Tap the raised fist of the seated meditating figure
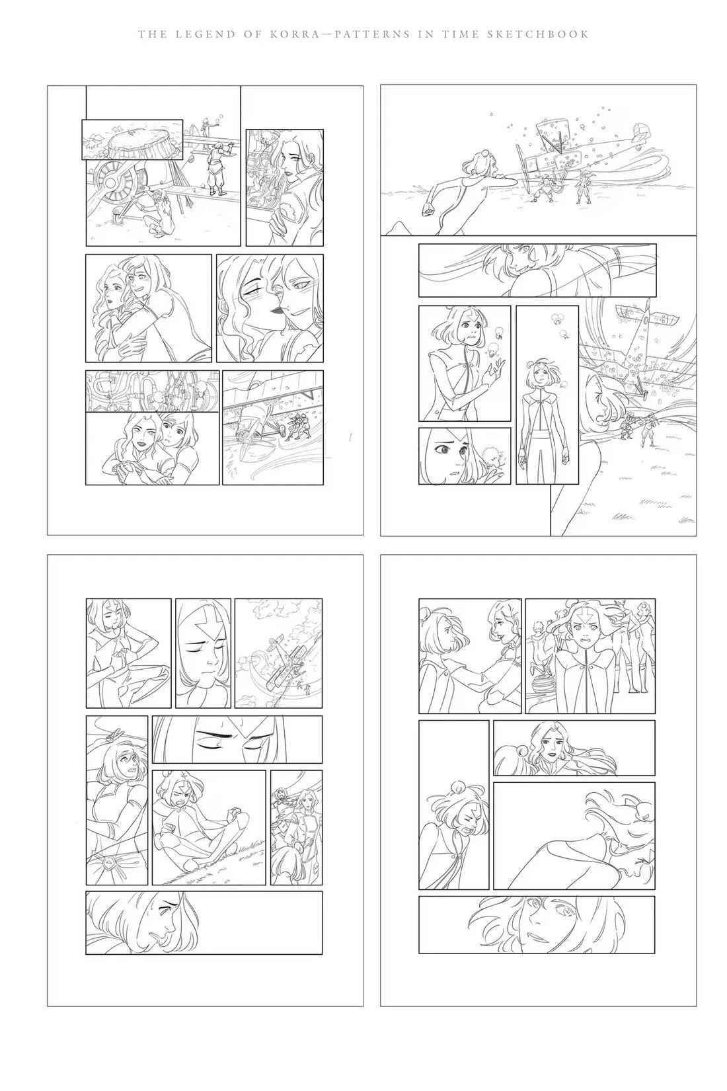tap(235, 813)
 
